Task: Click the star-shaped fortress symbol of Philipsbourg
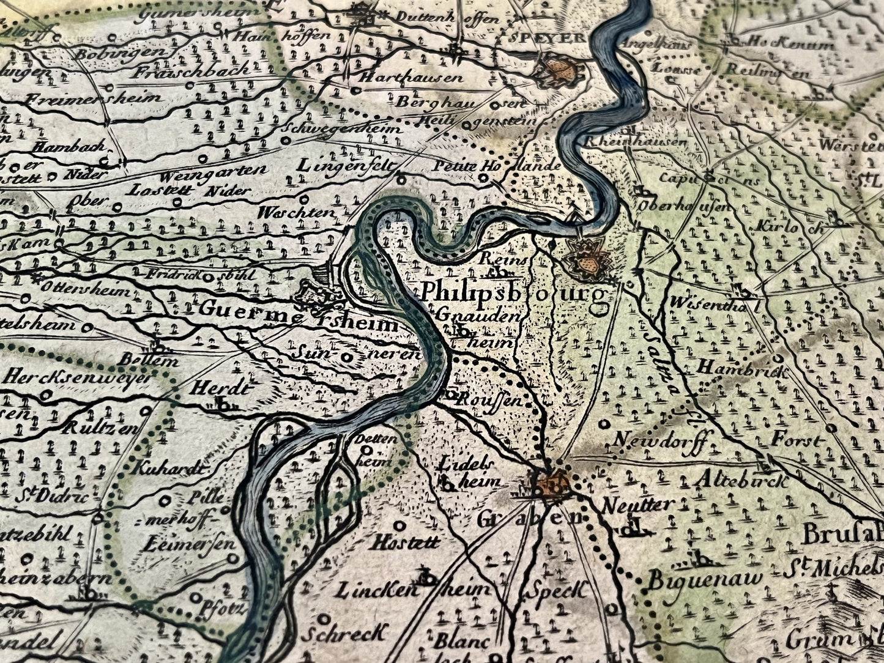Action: coord(588,259)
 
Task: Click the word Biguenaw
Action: coord(705,579)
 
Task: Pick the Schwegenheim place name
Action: coord(343,130)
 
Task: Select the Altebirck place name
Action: coord(741,480)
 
